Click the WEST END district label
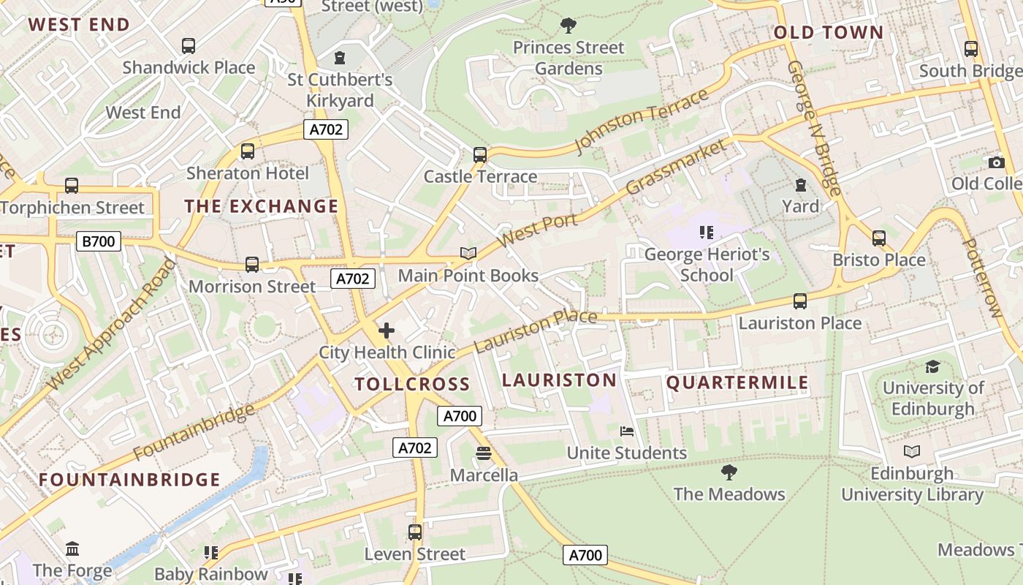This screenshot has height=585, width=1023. click(79, 24)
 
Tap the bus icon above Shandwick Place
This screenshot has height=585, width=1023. click(189, 46)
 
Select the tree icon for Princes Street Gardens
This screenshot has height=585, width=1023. click(568, 26)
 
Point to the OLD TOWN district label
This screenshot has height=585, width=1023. click(829, 32)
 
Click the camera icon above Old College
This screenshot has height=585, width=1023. click(996, 162)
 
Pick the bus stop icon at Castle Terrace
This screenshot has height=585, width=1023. click(480, 155)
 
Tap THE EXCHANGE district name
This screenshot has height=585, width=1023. click(262, 206)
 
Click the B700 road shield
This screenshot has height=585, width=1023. click(98, 241)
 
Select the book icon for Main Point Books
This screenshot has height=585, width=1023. click(468, 254)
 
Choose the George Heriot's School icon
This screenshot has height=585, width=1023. click(706, 233)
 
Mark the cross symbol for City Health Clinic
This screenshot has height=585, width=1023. click(387, 331)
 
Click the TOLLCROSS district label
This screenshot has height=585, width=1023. click(412, 384)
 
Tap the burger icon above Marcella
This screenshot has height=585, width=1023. click(483, 453)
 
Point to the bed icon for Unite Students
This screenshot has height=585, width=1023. click(627, 431)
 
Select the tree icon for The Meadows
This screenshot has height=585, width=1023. click(729, 472)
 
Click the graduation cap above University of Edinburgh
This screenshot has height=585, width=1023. click(933, 366)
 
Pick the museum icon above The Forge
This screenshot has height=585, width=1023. click(72, 548)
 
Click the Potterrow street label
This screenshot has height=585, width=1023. click(981, 278)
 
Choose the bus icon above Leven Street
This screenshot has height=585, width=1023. click(415, 532)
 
